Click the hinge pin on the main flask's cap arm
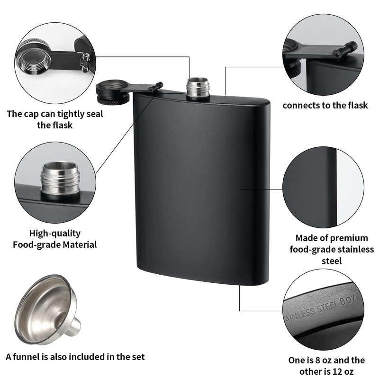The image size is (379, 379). point(155,87)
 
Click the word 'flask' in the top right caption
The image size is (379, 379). point(355,105)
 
